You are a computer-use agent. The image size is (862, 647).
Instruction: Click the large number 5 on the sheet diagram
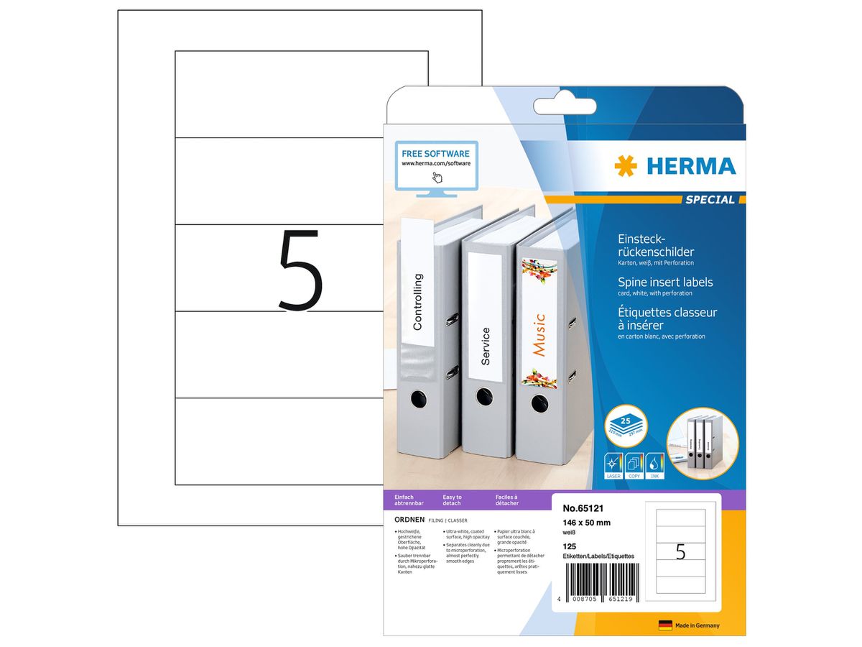pyautogui.click(x=300, y=270)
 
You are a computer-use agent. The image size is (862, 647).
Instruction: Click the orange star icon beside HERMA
pyautogui.click(x=625, y=166)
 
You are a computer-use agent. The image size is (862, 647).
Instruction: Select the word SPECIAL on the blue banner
pyautogui.click(x=709, y=200)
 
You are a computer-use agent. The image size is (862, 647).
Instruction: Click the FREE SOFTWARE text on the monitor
pyautogui.click(x=435, y=154)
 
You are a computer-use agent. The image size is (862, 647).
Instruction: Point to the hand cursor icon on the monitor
pyautogui.click(x=437, y=177)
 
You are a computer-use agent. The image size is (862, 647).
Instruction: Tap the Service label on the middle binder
pyautogui.click(x=486, y=346)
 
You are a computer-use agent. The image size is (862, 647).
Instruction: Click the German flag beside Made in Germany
pyautogui.click(x=665, y=625)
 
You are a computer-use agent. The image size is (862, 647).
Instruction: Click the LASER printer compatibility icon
pyautogui.click(x=613, y=463)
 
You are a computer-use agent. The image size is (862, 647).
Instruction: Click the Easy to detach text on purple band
pyautogui.click(x=453, y=501)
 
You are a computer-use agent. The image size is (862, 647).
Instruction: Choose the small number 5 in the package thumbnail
pyautogui.click(x=680, y=552)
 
